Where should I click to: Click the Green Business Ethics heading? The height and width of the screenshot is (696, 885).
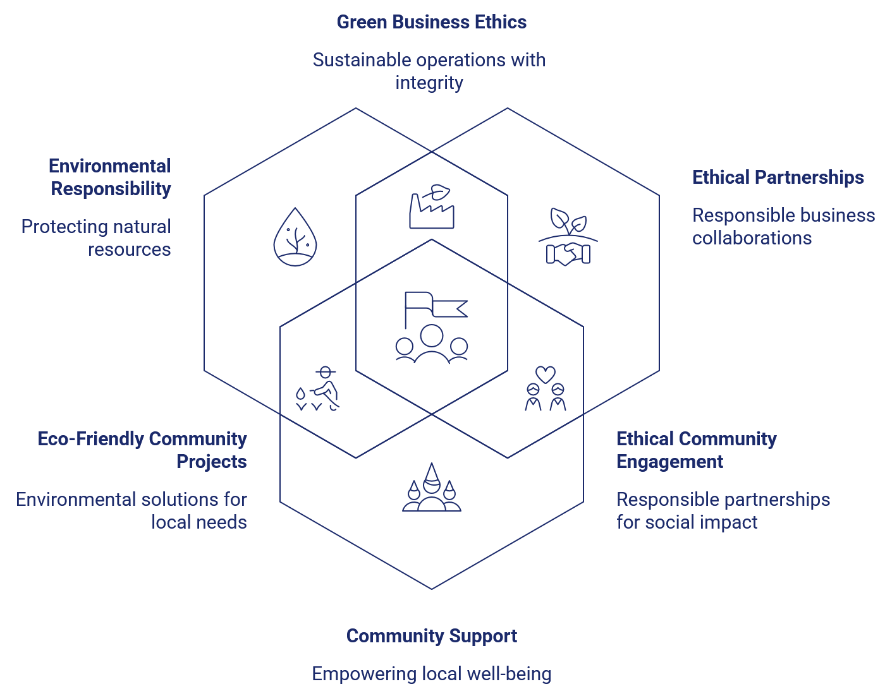click(432, 22)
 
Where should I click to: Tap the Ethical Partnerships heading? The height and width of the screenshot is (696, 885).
click(778, 177)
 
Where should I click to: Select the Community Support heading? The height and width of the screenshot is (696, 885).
click(432, 636)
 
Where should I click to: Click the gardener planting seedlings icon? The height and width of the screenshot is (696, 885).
click(317, 388)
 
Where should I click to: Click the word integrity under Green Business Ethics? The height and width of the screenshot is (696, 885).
click(429, 83)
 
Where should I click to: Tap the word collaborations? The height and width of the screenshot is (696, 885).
click(752, 238)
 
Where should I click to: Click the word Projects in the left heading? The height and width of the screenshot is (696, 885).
click(212, 462)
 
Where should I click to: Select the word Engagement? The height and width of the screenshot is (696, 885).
click(669, 462)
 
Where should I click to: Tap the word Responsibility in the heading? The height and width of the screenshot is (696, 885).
click(111, 189)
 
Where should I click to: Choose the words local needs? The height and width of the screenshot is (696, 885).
click(198, 522)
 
